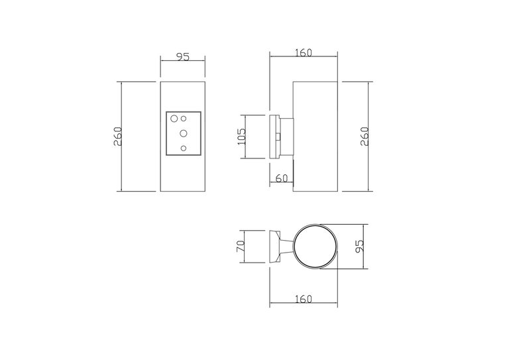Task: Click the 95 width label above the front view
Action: [x=182, y=57]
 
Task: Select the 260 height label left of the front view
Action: [x=117, y=137]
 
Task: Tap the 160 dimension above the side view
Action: [x=304, y=52]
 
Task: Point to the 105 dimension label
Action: [x=241, y=137]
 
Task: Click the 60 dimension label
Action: [x=282, y=178]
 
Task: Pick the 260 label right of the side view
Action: [x=365, y=137]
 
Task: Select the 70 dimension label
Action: [x=241, y=247]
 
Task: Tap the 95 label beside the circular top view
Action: [x=359, y=246]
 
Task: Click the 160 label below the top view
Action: [x=304, y=298]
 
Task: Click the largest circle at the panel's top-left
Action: [x=174, y=119]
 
